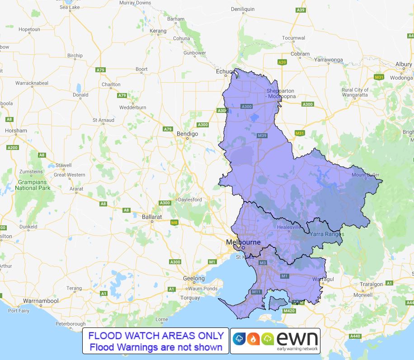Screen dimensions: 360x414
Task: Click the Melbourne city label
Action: point(243,243)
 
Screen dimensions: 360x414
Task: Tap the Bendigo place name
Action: point(188,134)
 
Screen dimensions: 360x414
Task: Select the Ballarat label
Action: point(152,217)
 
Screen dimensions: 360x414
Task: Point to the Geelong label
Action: point(194,278)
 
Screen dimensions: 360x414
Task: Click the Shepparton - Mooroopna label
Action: point(280,94)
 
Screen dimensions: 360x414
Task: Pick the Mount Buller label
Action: point(366,175)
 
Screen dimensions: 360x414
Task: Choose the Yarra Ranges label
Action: point(327,234)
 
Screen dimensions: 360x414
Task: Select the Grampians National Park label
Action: point(32,185)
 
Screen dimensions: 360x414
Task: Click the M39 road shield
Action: point(262,136)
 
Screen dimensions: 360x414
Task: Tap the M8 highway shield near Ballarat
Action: point(174,222)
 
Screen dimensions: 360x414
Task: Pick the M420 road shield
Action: point(289,311)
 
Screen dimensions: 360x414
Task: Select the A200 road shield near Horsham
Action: point(13,148)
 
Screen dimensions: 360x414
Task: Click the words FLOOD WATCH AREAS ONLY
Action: point(156,336)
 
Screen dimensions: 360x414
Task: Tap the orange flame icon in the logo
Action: point(253,339)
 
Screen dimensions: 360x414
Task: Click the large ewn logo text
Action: point(296,338)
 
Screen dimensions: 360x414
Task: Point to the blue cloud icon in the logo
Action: point(239,339)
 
